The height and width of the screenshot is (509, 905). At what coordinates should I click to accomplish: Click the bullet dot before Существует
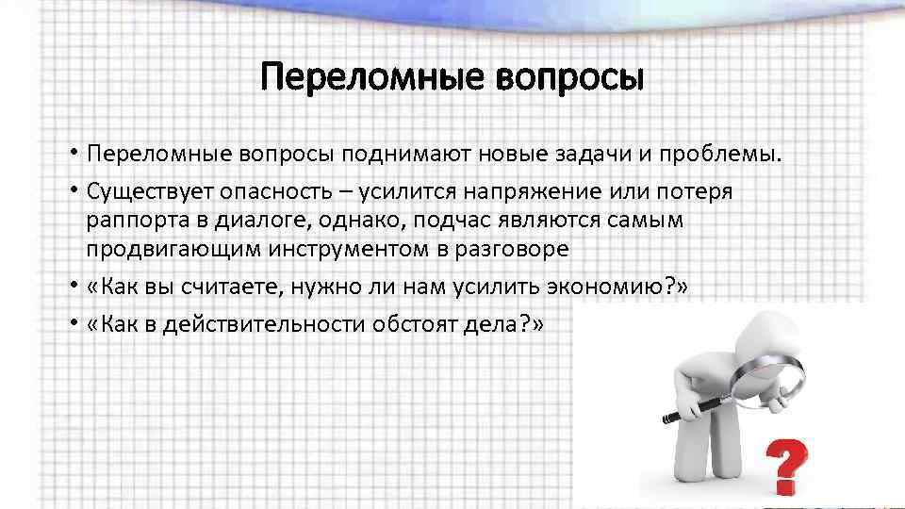pyautogui.click(x=73, y=192)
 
